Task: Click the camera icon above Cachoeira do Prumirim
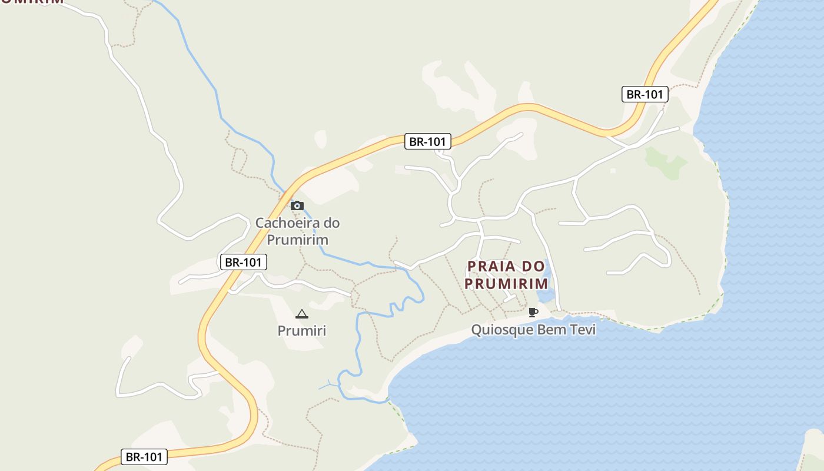pos(297,205)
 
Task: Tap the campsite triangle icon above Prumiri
pos(301,314)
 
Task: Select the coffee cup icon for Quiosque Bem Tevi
pos(533,312)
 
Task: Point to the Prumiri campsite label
pos(301,331)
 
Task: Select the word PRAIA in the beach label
pos(490,267)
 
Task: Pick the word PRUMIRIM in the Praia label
pos(506,284)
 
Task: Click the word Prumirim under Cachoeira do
pos(297,240)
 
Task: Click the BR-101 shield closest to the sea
pos(645,94)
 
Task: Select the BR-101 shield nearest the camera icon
pos(243,262)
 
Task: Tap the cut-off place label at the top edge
pos(32,2)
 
